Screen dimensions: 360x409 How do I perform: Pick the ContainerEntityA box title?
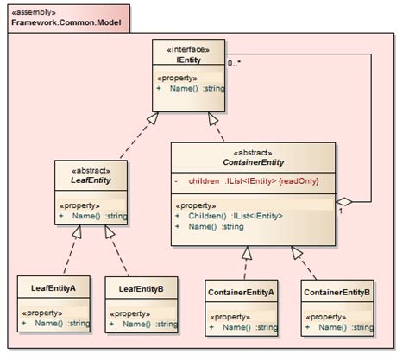tap(242, 293)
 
